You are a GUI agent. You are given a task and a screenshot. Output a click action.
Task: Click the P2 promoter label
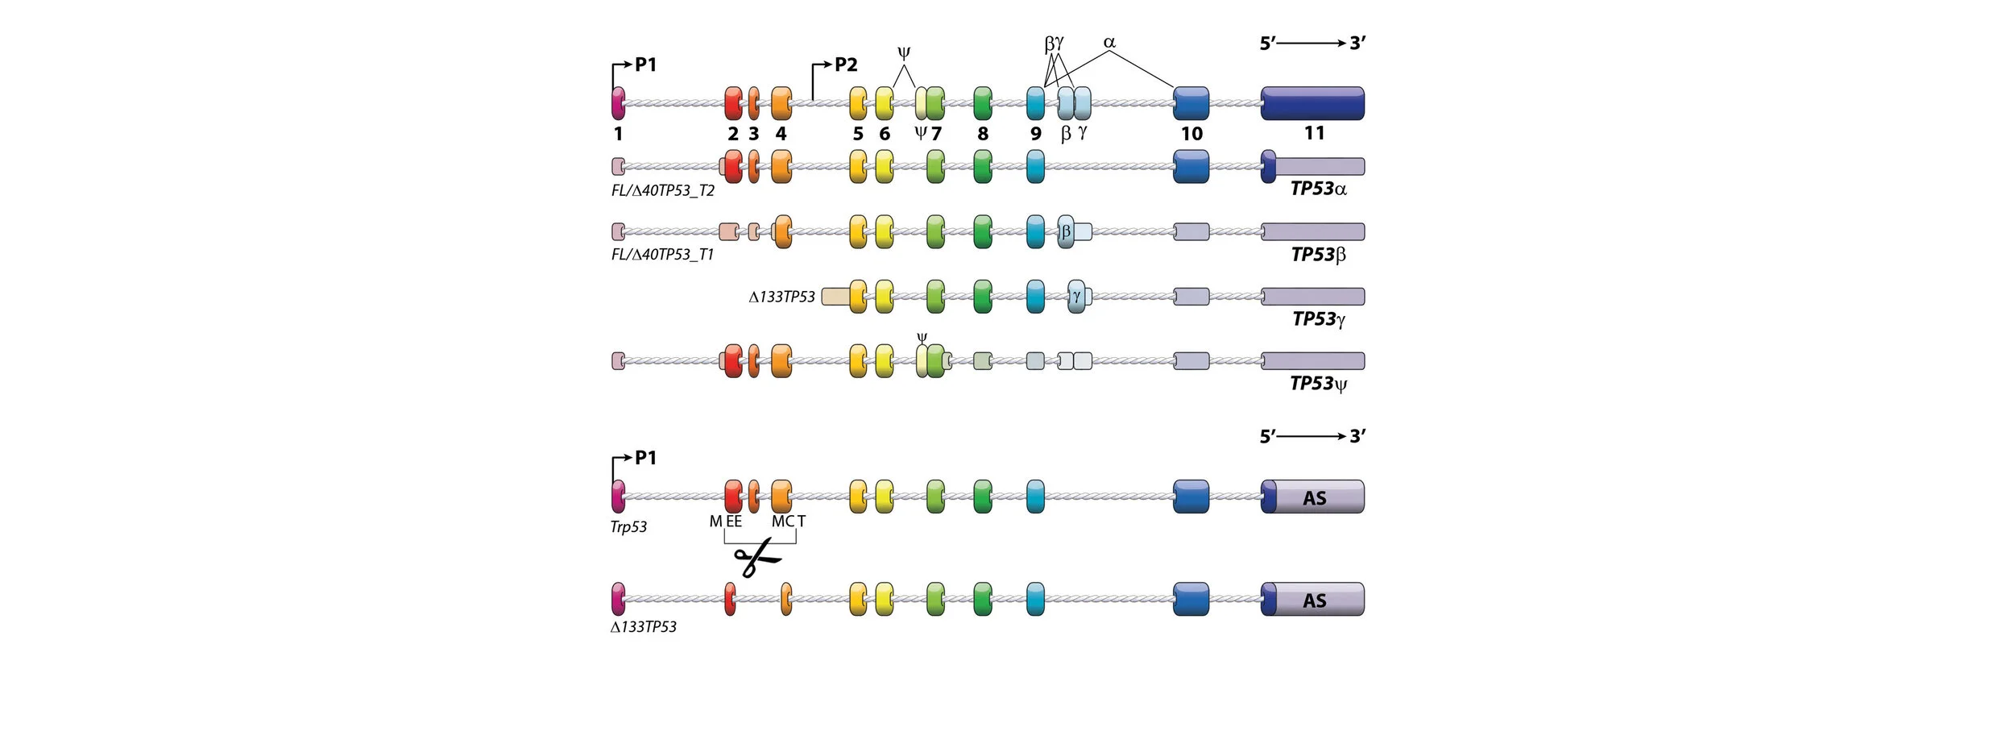point(845,64)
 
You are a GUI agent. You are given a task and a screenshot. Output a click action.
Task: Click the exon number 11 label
point(1314,133)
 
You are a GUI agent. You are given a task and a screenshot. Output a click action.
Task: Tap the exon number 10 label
point(1191,134)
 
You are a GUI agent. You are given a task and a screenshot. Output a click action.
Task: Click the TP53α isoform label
point(1318,189)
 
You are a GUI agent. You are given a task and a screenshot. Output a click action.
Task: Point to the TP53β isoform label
point(1318,255)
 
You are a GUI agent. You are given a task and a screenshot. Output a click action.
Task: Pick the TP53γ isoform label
point(1318,319)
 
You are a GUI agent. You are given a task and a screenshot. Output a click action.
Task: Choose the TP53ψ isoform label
point(1318,384)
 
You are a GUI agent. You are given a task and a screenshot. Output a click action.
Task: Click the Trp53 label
point(628,527)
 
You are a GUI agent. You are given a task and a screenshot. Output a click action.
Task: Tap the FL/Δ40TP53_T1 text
point(662,255)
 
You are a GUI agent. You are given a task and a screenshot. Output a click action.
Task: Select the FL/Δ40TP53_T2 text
point(662,190)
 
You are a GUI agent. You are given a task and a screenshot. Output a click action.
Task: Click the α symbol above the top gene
point(1109,42)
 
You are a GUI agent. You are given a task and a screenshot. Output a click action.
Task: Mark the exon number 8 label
point(983,134)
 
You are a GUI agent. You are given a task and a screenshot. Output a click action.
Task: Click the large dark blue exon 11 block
point(1312,103)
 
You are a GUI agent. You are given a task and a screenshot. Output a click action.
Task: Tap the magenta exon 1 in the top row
point(618,103)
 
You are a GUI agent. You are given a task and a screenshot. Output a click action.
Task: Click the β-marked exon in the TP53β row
point(1066,232)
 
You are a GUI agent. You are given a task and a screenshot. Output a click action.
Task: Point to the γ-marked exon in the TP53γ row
point(1076,297)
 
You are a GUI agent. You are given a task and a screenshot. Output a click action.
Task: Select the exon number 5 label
point(858,134)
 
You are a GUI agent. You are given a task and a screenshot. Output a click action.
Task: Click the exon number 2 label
point(733,134)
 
